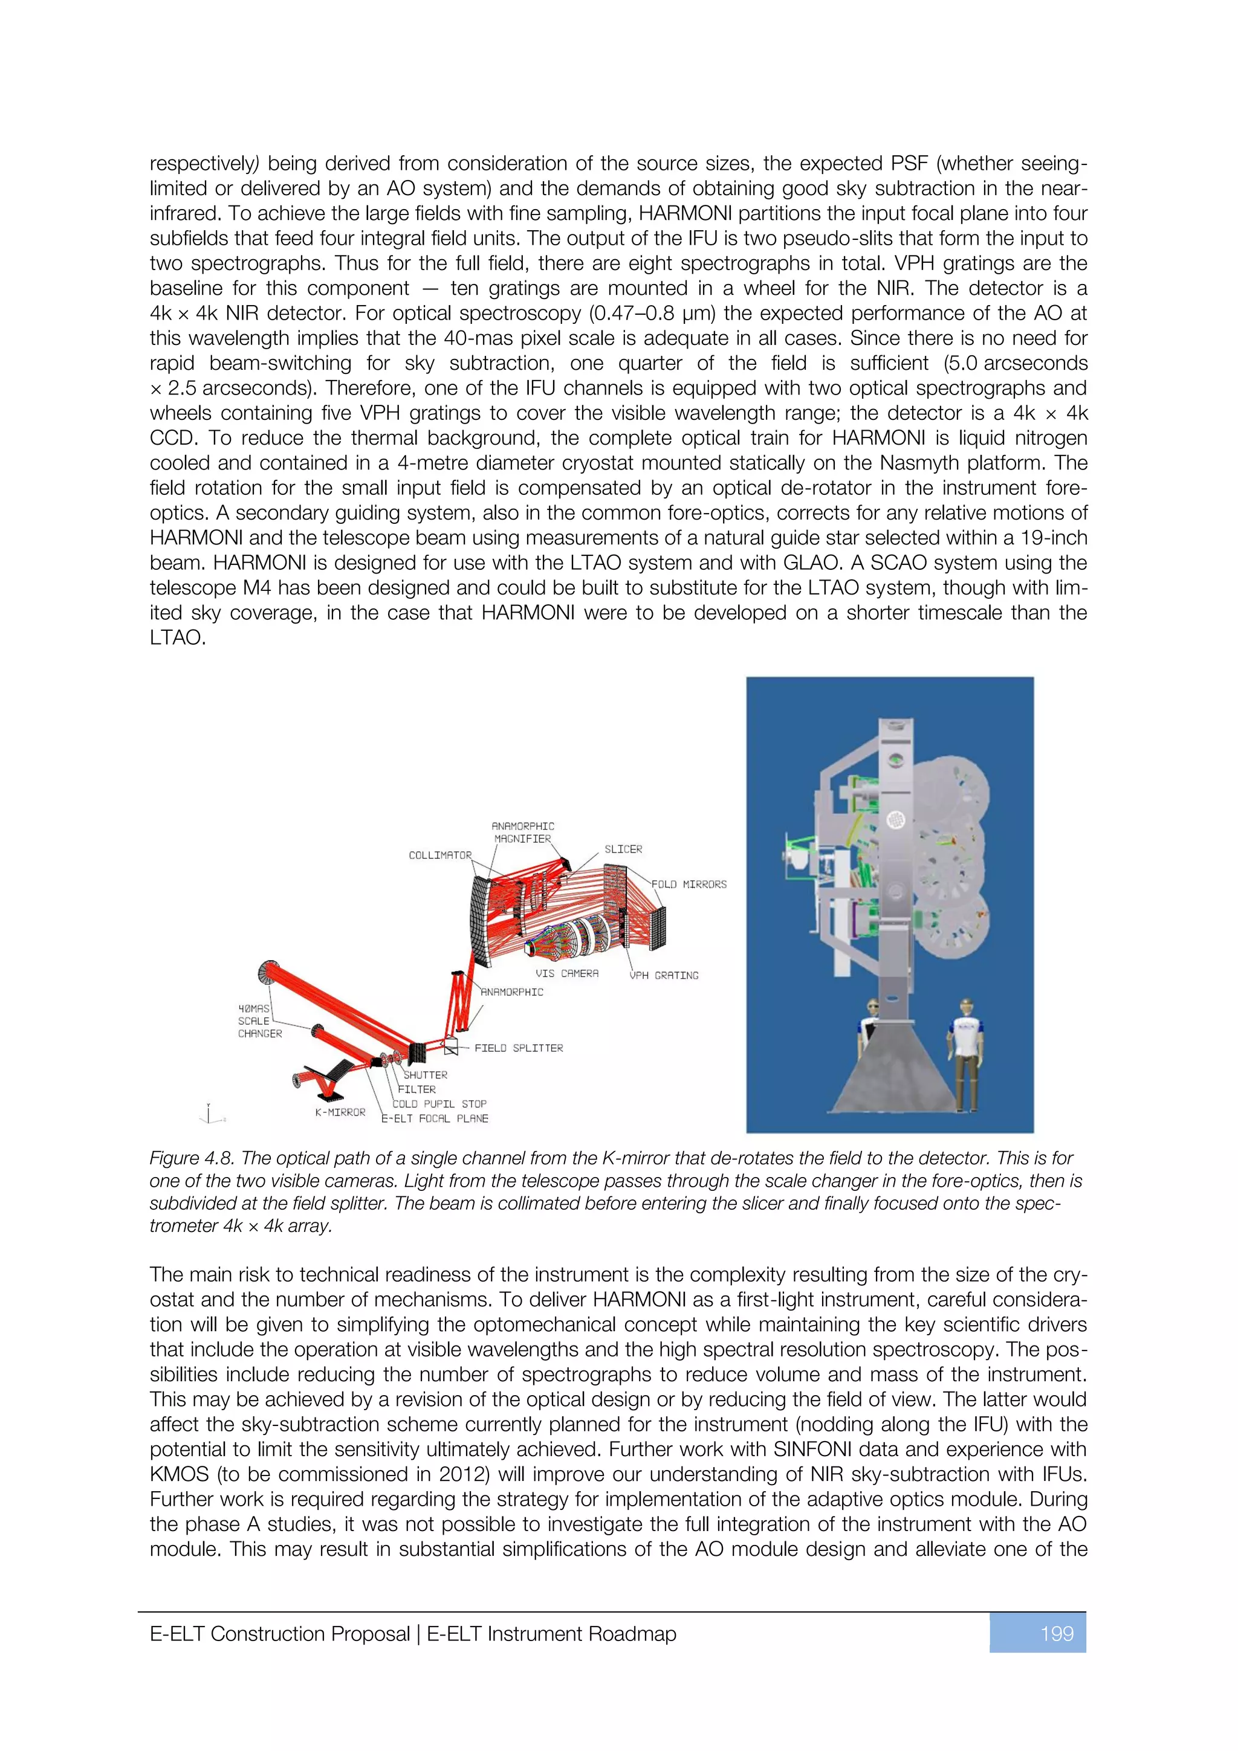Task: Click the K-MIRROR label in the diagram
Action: pos(340,1113)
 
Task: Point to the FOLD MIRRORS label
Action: pos(689,885)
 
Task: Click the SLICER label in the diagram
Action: pos(623,849)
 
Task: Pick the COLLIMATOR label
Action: pos(440,855)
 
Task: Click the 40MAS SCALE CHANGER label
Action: pos(259,1021)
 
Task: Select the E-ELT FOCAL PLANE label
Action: pos(435,1119)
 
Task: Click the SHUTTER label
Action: pos(425,1074)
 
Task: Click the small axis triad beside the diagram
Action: pos(210,1114)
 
